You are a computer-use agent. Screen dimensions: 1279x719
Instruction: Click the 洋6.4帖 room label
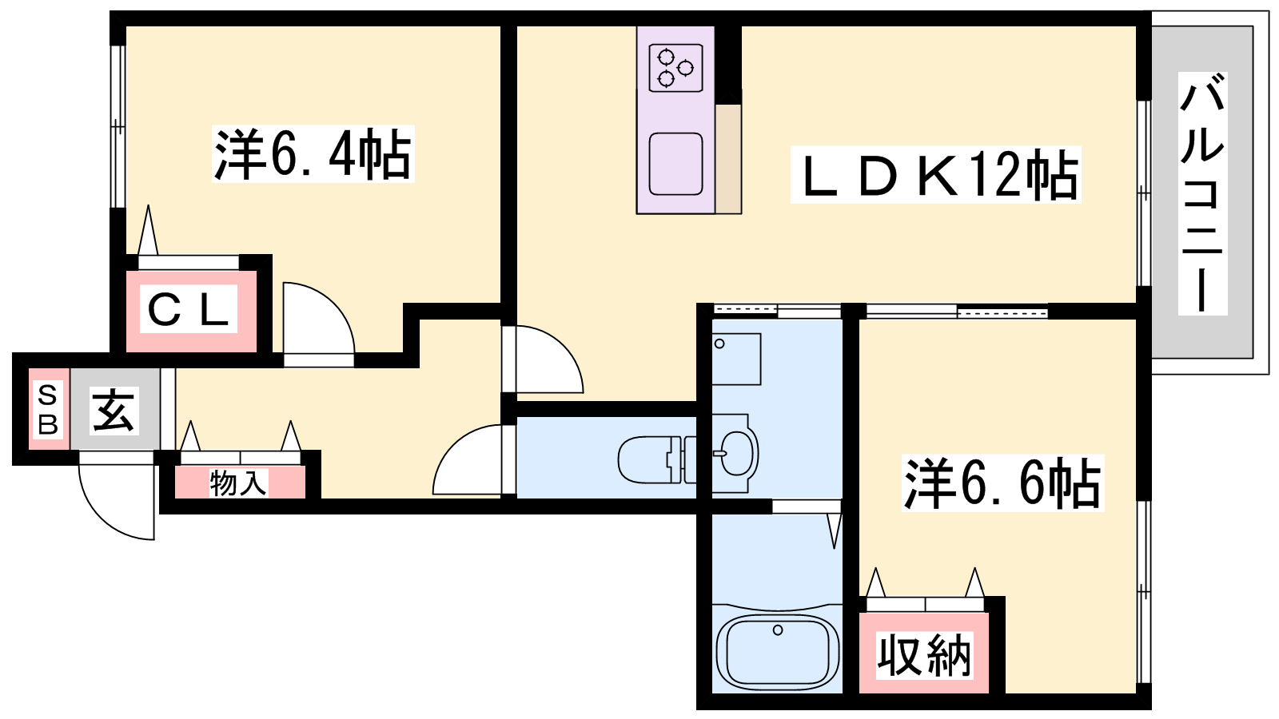[313, 154]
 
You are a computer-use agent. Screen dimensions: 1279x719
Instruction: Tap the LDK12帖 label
[936, 175]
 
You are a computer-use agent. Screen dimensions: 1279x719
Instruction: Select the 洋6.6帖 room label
[1002, 483]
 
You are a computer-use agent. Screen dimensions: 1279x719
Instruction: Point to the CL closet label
[189, 309]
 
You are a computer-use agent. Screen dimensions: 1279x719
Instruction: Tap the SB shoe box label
[48, 409]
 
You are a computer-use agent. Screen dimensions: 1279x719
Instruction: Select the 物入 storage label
[238, 483]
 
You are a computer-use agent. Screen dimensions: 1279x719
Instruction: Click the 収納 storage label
[924, 656]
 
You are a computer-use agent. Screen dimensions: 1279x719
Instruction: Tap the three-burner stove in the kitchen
[676, 68]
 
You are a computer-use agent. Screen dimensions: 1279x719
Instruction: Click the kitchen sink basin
[676, 165]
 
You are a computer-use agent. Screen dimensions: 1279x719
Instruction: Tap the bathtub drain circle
[778, 630]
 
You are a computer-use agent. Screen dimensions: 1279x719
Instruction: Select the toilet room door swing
[467, 459]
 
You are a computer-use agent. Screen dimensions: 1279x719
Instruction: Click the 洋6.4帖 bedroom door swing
[319, 318]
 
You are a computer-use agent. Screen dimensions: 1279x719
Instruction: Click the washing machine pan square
[736, 359]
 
